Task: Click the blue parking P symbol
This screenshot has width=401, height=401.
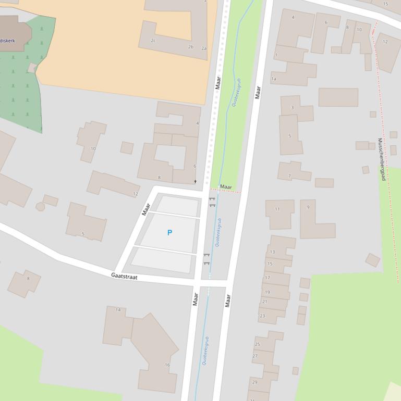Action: (169, 233)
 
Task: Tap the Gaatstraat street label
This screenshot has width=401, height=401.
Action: (124, 277)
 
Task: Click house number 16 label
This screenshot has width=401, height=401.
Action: (167, 365)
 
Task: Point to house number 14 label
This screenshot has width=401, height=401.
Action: (118, 310)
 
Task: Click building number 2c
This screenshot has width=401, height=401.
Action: (153, 40)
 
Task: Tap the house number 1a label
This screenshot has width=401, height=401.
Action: (273, 79)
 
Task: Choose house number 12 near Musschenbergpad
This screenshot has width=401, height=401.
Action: (385, 42)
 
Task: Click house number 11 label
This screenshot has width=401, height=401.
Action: (277, 209)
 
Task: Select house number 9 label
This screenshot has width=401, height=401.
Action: (308, 207)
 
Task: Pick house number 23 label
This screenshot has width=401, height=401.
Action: (262, 316)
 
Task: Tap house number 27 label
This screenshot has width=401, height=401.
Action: (255, 356)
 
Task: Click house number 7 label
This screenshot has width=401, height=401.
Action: (289, 176)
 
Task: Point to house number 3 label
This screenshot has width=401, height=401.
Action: (292, 108)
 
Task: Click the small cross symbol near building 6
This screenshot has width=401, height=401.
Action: (196, 181)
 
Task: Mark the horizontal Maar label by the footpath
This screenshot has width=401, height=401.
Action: (226, 186)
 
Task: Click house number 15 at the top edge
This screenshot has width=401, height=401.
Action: (385, 4)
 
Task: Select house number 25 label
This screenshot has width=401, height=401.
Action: (257, 344)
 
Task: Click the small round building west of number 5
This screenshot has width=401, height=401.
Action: (40, 207)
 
